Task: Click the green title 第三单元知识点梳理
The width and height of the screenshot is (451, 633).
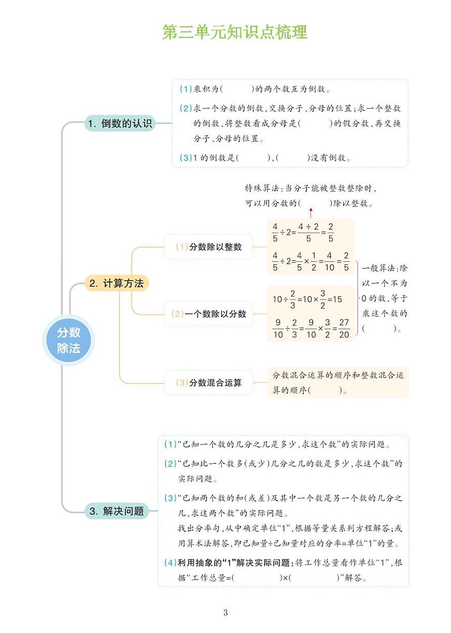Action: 234,32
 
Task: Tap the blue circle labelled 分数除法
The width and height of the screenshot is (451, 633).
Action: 68,341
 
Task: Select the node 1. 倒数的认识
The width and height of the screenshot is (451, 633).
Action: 120,123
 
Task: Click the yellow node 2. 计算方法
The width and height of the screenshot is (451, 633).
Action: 117,283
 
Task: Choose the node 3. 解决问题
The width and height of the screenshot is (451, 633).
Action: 117,511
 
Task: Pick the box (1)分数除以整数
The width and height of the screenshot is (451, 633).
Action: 209,247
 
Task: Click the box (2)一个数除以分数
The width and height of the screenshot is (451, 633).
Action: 209,314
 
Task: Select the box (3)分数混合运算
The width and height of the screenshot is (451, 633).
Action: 209,383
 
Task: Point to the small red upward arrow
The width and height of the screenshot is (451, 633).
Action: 311,213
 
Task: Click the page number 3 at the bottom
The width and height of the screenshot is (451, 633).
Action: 225,612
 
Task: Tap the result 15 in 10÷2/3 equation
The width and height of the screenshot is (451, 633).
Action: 337,299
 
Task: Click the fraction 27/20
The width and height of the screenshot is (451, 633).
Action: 344,329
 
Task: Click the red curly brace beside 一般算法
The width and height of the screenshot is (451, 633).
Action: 357,298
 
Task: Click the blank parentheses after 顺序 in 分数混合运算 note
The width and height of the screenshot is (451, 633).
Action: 326,390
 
